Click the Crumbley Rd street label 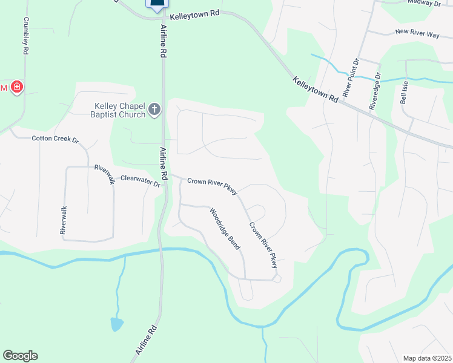point(26,36)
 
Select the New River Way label point(417,33)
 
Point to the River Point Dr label point(351,77)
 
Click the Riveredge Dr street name point(374,92)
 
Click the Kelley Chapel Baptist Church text point(118,110)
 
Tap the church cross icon point(154,110)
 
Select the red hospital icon point(17,88)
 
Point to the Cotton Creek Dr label point(55,139)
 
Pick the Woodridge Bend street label point(225,229)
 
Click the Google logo point(20,356)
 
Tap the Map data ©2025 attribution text point(427,358)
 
